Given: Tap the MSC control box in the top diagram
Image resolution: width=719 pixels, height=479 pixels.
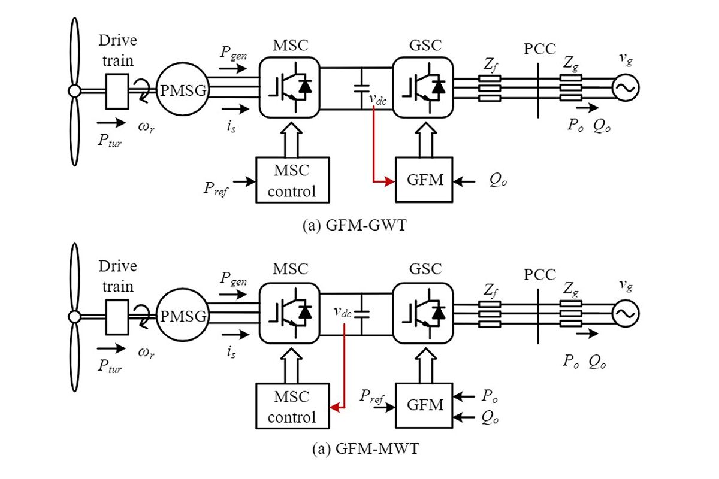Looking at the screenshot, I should click(292, 180).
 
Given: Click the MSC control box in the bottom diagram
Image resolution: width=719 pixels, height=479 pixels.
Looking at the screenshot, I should click(292, 406).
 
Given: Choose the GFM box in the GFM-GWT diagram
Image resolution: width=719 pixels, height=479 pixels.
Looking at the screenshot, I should click(425, 180).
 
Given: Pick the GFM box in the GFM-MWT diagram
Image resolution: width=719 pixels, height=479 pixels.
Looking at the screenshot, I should click(425, 405).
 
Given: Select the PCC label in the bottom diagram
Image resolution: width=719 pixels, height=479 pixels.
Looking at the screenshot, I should click(540, 275).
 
